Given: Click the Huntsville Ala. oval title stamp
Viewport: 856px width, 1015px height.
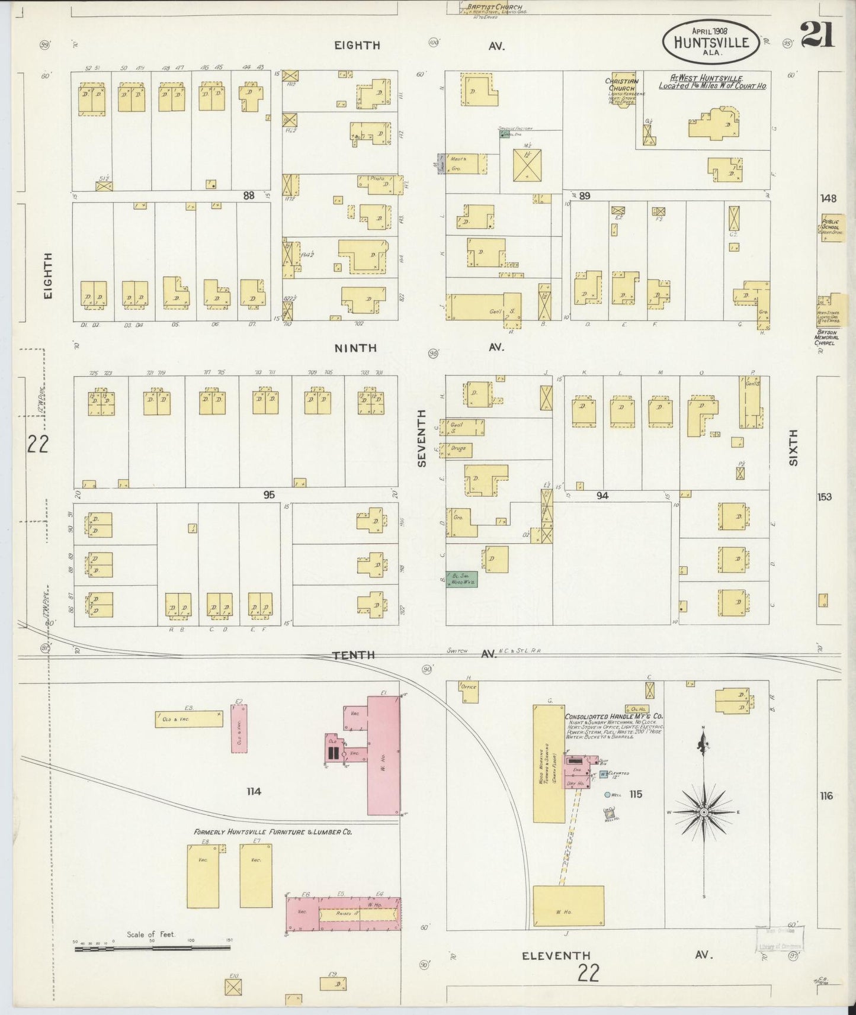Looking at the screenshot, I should [710, 41].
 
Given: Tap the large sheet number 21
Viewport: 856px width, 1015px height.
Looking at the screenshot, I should [817, 34].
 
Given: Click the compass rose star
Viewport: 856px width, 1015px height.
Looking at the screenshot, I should [704, 812].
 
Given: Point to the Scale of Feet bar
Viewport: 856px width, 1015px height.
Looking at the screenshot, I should [152, 948].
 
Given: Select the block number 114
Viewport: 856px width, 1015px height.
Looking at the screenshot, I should [254, 791].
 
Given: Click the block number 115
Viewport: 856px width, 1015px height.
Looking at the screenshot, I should [636, 794].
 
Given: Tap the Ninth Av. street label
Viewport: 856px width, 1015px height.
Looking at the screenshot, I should [355, 348].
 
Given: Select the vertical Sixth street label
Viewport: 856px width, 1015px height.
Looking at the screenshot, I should [793, 447].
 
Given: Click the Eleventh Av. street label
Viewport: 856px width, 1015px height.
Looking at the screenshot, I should [556, 955].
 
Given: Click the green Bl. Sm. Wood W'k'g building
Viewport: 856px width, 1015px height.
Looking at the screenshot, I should [461, 579].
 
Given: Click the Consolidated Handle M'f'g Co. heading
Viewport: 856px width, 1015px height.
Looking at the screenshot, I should [613, 716].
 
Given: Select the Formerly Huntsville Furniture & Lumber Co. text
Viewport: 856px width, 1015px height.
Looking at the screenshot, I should [273, 832].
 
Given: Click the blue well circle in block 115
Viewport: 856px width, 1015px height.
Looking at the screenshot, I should [607, 795].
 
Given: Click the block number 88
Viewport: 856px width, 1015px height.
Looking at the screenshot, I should [248, 195].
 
